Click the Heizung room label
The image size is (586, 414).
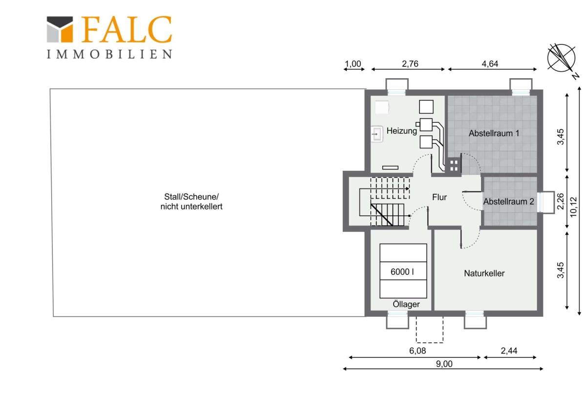(x=401, y=131)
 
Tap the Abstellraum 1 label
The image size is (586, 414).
(x=494, y=133)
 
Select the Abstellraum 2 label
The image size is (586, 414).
(x=508, y=201)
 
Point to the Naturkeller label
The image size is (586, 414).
(x=484, y=273)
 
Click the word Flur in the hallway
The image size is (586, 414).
(x=439, y=197)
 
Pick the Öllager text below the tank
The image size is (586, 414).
(x=406, y=304)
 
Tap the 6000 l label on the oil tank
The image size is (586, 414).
(x=402, y=272)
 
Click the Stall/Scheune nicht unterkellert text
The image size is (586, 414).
(x=191, y=201)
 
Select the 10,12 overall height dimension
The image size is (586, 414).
(x=573, y=207)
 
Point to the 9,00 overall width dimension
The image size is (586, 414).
(x=444, y=364)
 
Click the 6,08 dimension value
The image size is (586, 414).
(x=418, y=351)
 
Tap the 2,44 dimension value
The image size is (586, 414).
(x=509, y=351)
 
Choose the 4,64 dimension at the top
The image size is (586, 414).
(x=490, y=64)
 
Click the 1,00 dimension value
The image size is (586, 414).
(x=353, y=64)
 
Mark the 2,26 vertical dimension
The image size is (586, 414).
(x=560, y=201)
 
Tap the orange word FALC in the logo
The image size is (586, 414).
(x=126, y=29)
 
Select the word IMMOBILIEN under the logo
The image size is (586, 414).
(x=109, y=54)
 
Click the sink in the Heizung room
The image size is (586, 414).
(x=377, y=134)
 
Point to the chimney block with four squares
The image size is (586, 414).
(x=454, y=166)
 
